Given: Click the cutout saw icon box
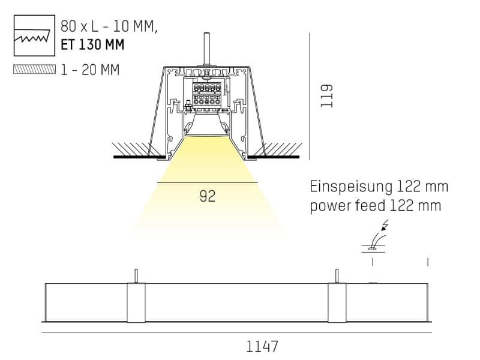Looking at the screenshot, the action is click(34, 35).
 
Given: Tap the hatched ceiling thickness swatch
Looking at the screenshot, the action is click(35, 69).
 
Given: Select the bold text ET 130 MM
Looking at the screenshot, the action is click(92, 44).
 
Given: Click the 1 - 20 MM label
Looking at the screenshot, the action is click(90, 70).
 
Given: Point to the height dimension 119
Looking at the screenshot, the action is click(326, 95).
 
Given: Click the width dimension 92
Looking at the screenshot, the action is click(208, 196).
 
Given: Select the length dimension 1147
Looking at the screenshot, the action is click(262, 347).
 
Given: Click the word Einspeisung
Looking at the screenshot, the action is click(351, 187).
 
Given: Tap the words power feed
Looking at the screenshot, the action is click(348, 206).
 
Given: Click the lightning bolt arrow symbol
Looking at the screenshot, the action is click(384, 225).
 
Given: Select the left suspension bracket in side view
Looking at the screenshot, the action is click(136, 303).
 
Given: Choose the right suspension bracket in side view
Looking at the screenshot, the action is click(337, 303).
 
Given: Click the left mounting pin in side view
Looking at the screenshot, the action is click(136, 276).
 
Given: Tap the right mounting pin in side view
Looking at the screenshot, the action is click(337, 276).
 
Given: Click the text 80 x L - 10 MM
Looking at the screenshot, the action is click(109, 26).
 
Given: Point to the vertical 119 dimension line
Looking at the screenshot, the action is click(310, 96).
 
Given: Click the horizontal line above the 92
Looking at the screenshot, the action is click(207, 183).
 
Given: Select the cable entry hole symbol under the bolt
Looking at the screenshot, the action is click(372, 248).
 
